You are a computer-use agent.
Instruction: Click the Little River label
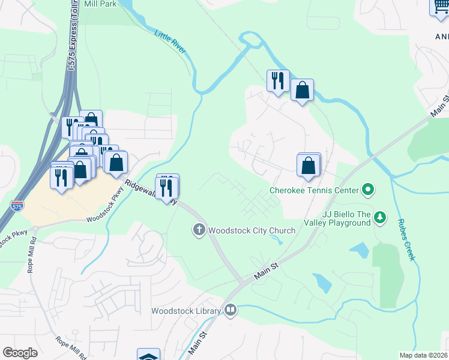click(170, 41)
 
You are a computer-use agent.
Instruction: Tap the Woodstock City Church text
click(252, 230)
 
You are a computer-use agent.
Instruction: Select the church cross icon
click(199, 229)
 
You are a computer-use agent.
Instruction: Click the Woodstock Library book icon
click(231, 310)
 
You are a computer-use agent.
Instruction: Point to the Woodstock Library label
click(185, 311)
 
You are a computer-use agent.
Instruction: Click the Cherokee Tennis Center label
click(313, 191)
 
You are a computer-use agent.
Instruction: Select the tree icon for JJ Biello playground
click(379, 217)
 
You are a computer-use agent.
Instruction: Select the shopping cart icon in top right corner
click(439, 7)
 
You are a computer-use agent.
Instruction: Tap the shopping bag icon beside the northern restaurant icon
click(302, 90)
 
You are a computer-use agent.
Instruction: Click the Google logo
click(20, 353)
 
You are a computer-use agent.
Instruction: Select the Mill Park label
click(100, 4)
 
